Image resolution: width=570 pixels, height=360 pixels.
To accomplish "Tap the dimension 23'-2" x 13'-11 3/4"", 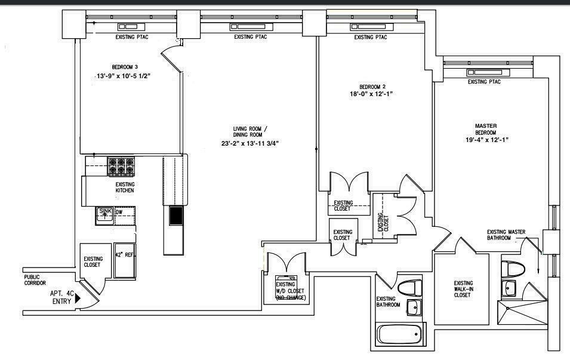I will (x=249, y=143).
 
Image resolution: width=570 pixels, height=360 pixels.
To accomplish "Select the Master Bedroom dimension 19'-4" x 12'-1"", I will (x=486, y=140).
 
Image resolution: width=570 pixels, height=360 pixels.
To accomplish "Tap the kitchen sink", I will (x=105, y=214).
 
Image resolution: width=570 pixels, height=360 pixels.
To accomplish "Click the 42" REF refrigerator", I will (x=125, y=260).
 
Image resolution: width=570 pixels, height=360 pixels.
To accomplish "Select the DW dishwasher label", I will (x=119, y=212).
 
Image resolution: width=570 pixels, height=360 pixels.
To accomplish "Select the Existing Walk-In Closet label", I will (x=463, y=289).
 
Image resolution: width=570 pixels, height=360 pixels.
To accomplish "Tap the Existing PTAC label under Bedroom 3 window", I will (x=131, y=37).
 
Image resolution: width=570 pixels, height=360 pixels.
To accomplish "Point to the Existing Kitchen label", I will (x=125, y=187).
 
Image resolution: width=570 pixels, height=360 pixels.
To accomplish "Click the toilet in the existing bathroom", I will (x=409, y=288).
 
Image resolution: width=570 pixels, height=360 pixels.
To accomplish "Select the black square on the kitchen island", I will (x=176, y=216).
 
